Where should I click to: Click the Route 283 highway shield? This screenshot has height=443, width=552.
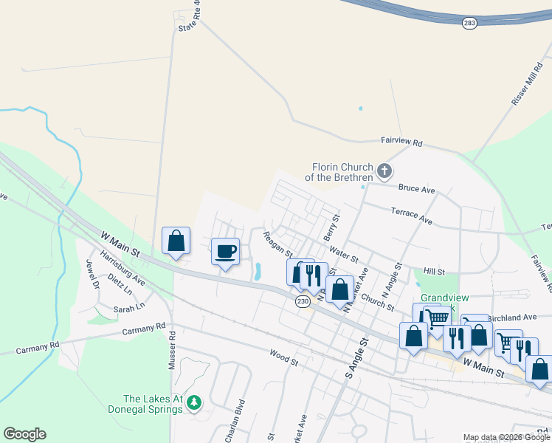(470, 24)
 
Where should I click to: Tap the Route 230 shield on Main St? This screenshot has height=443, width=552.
(303, 301)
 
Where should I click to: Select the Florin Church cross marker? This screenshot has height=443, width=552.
(384, 171)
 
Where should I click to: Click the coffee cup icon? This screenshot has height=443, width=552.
(226, 251)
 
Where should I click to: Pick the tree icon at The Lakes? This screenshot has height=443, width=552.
(193, 402)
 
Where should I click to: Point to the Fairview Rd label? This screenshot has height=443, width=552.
(401, 141)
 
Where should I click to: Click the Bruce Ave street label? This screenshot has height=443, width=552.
(417, 189)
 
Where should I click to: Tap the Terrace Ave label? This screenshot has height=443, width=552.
(412, 215)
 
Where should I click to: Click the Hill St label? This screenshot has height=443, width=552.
(434, 272)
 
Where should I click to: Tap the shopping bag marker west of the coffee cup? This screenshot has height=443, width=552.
(176, 241)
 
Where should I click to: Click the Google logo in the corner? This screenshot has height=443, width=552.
(24, 434)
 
